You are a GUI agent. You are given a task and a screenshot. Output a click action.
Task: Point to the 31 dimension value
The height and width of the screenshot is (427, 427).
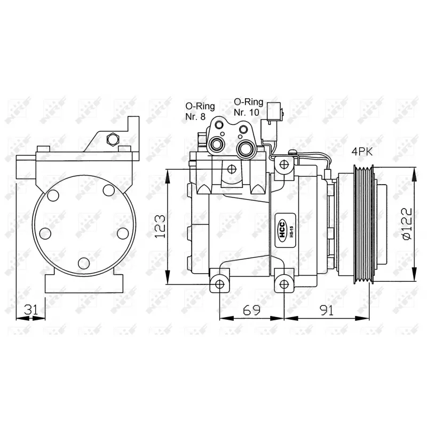[x=31, y=310]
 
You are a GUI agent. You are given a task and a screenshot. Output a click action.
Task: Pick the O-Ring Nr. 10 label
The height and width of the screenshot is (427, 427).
[x=248, y=107]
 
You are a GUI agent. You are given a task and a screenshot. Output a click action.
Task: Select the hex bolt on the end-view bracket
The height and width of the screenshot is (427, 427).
[x=112, y=139]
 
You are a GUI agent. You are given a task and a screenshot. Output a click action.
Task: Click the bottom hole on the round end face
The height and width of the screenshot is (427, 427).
[x=83, y=262]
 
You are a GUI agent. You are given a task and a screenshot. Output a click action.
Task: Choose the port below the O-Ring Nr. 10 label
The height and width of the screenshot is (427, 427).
[x=246, y=147]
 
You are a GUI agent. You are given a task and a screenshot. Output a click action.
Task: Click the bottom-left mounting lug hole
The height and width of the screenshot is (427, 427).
[x=219, y=283]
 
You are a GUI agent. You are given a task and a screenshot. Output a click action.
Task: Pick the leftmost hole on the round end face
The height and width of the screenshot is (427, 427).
[x=45, y=234]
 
